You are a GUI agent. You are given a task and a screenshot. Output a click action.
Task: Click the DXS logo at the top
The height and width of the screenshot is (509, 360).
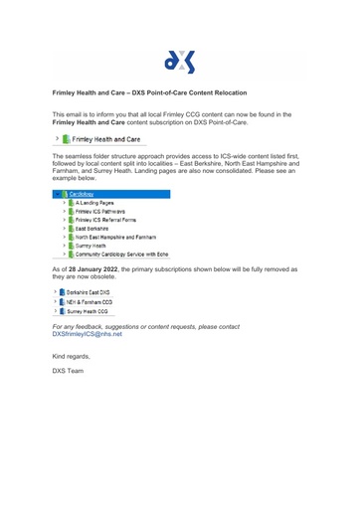point(179,61)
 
